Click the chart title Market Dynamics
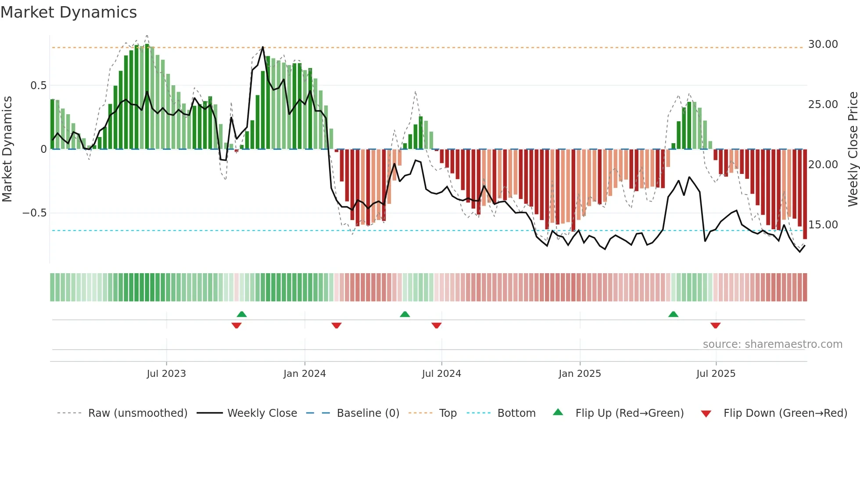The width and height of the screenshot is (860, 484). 68,12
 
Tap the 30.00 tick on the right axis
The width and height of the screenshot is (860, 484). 823,44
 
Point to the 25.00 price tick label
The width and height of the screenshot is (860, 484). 823,105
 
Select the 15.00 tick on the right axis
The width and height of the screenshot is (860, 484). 823,225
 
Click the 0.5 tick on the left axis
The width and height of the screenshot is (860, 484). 38,86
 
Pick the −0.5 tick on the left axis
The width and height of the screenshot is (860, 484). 34,213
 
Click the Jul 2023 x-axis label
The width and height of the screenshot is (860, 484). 166,374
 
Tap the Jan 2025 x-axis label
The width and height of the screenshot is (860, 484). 580,374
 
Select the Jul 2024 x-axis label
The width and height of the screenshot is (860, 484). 441,374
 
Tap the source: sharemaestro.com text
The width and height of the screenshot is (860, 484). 772,344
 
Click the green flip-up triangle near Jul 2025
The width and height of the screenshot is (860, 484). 673,314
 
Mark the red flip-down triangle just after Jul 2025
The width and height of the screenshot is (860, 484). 715,325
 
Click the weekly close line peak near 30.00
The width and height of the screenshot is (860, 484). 263,47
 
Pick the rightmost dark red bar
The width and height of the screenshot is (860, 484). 805,193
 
